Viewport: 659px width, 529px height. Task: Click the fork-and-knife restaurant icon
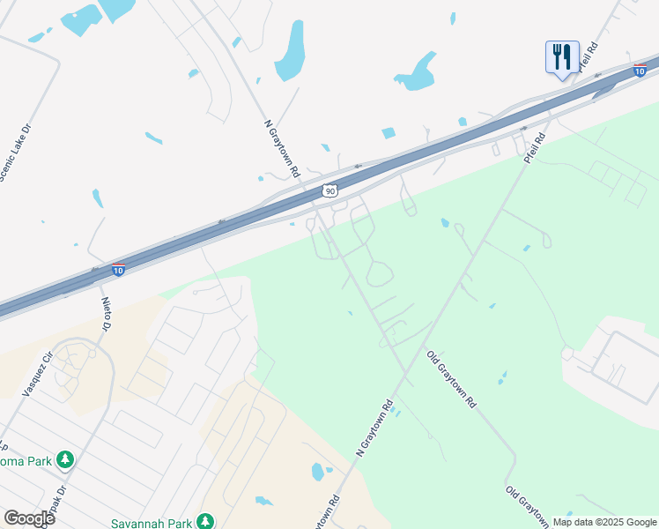[x=561, y=58]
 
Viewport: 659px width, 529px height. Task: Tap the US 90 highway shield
[x=329, y=190]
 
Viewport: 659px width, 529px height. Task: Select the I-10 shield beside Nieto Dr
[x=118, y=269]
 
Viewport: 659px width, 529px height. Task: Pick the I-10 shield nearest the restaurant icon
[x=640, y=69]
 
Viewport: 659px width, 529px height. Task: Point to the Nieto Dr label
[x=105, y=313]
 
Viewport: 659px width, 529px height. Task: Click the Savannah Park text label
[x=152, y=523]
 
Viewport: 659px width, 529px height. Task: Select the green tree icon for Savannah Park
[x=204, y=521]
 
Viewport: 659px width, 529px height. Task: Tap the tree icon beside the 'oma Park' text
[x=65, y=459]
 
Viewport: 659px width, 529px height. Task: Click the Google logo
[x=29, y=518]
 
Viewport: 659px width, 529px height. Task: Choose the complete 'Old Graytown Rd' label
[x=451, y=379]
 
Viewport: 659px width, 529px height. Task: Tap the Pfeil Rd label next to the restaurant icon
[x=588, y=56]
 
